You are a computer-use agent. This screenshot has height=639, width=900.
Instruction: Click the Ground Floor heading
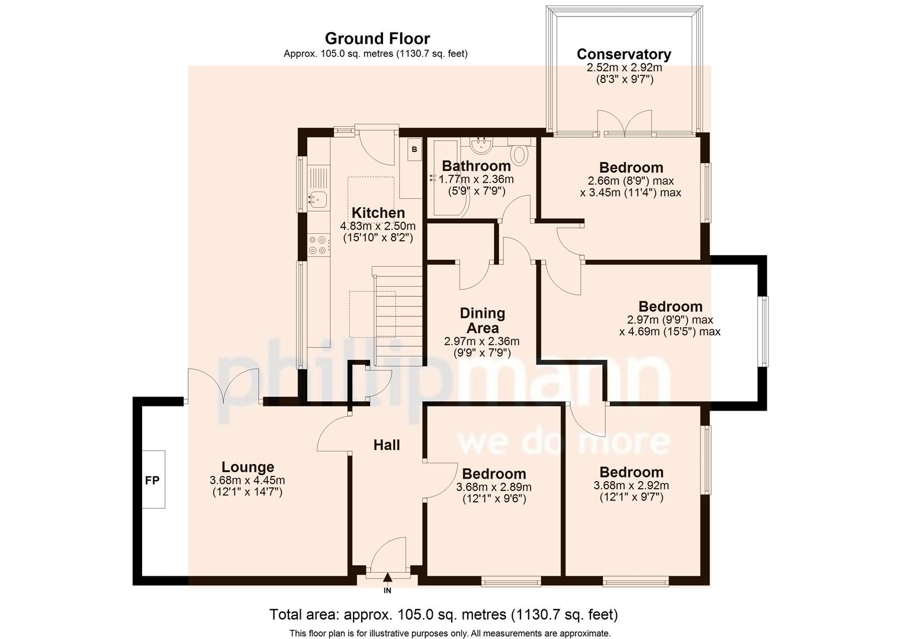[377, 39]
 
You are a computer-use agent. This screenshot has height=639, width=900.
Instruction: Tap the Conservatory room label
[624, 54]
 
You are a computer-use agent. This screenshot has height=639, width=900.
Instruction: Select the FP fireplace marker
[152, 480]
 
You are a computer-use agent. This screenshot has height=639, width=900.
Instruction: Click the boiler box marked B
[414, 150]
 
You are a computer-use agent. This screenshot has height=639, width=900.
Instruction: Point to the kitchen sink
[317, 200]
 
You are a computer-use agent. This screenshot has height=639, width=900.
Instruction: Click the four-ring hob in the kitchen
[319, 245]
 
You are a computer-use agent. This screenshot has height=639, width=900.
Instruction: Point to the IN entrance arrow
[387, 579]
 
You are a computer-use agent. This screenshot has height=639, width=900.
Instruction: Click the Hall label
[387, 445]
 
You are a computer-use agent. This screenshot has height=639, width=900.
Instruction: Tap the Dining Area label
[483, 321]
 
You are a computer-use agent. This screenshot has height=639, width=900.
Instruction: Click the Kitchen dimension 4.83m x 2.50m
[378, 226]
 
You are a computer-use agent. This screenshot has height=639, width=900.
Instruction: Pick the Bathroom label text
[476, 166]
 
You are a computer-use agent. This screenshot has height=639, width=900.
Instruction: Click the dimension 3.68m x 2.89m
[494, 488]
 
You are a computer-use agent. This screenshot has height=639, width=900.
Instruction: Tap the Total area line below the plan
[443, 615]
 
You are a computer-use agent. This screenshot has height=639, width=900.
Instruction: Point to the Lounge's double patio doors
[224, 386]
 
